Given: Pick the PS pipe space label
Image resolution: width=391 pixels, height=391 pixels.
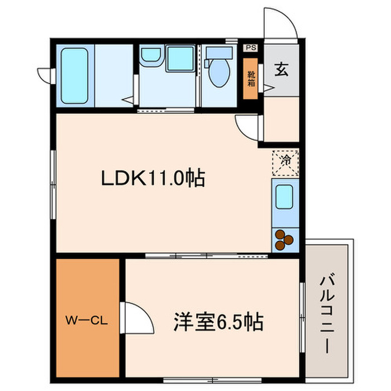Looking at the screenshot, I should point(250,47).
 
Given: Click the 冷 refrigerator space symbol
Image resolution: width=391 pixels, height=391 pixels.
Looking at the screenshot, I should point(285,161).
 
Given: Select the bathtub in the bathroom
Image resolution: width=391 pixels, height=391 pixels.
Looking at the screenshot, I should point(75,75).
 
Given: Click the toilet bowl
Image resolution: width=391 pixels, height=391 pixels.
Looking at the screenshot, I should point(221,75).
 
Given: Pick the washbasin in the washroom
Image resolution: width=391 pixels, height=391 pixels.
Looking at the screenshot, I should point(150,55).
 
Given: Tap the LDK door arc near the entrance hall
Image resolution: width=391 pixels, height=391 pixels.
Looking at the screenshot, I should point(246,127).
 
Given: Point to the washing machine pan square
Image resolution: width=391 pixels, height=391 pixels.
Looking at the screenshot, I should point(180,59).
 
